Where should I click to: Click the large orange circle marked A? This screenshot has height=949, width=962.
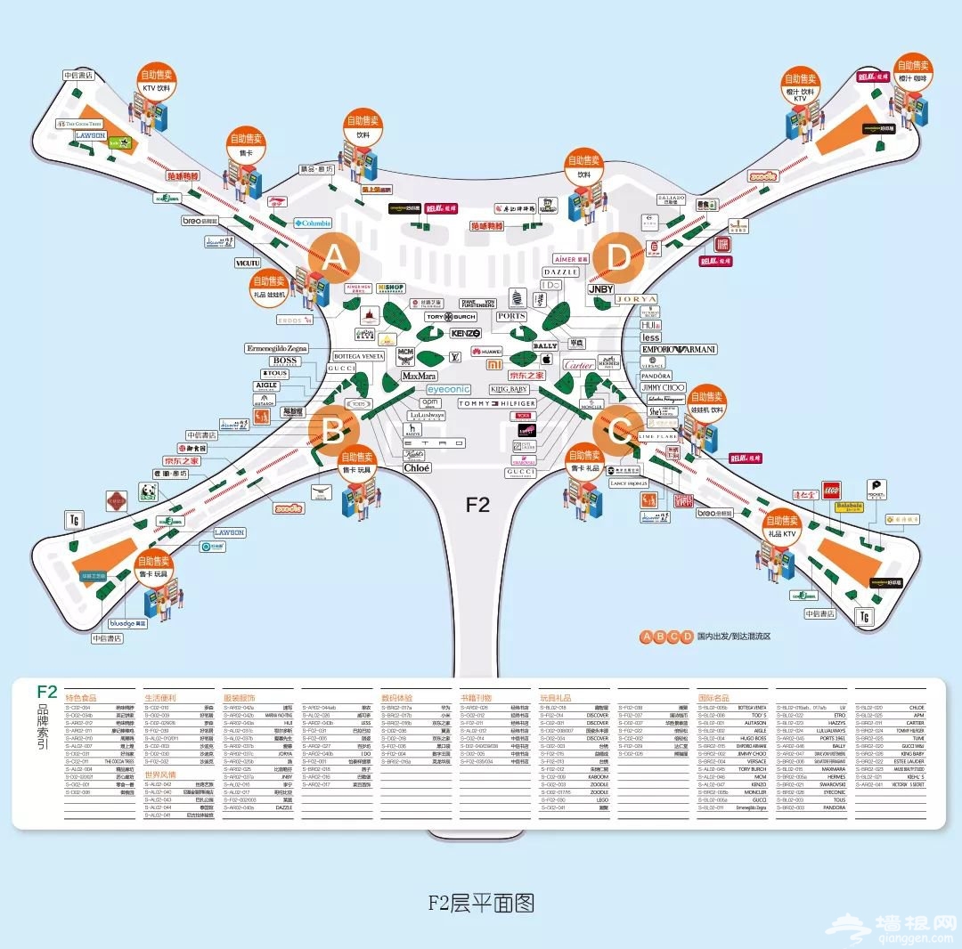point(333,258)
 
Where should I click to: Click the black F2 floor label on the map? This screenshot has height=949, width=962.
point(478,505)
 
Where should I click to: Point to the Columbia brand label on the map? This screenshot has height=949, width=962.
point(312,223)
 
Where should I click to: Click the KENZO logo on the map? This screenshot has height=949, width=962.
point(465,333)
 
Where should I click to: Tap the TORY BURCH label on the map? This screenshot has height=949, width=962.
point(451,317)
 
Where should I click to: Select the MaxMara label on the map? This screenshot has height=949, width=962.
point(419,377)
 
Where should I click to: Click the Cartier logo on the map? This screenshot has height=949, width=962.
point(579,365)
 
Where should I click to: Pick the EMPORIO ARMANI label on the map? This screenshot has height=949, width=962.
point(679,350)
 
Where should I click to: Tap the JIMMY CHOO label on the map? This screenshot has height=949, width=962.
point(664,388)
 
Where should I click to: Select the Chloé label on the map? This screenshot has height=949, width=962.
point(417,467)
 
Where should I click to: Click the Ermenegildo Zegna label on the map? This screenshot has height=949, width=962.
point(277,348)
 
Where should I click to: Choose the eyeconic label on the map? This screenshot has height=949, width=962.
point(447,390)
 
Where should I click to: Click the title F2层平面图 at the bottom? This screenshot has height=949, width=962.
point(480,904)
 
